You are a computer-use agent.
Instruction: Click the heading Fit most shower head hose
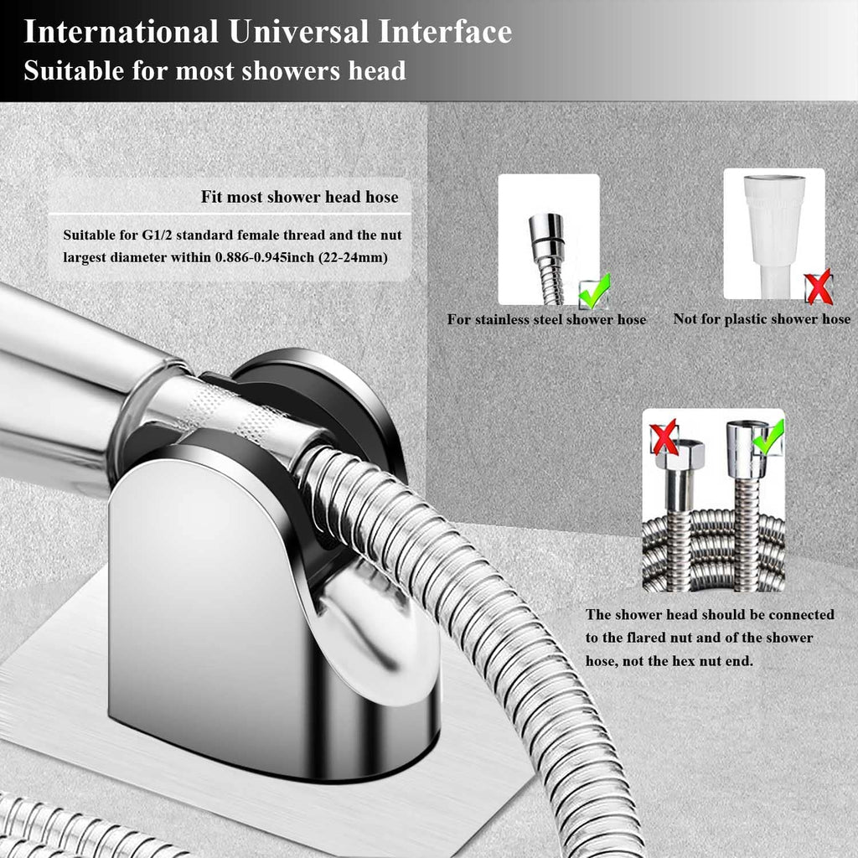point(299,198)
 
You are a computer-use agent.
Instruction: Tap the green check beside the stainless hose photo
point(594,290)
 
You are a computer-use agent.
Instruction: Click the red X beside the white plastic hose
point(819,287)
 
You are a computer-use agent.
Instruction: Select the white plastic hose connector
point(774,218)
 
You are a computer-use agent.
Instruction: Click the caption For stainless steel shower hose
point(546,319)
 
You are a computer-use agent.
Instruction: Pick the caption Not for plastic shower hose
point(762,319)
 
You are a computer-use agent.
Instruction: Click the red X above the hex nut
point(664,437)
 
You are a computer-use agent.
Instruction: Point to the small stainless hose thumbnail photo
point(548,239)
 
